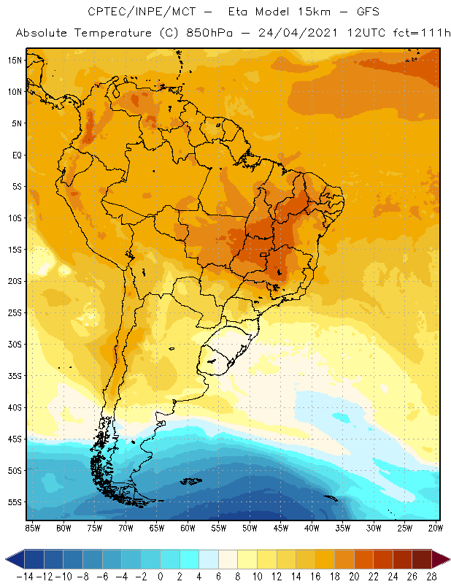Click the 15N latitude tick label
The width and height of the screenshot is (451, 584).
click(x=15, y=60)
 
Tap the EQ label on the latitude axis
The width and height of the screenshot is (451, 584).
click(x=17, y=155)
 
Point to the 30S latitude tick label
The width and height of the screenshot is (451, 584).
click(x=15, y=344)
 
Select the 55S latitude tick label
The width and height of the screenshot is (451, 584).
click(x=15, y=502)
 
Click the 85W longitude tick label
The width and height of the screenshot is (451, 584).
click(x=32, y=528)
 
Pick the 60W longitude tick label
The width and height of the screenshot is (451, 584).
click(x=188, y=528)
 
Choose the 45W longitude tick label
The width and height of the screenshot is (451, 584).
click(x=282, y=528)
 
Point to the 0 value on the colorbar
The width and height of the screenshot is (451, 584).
click(x=160, y=577)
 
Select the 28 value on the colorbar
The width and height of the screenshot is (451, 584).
click(x=431, y=577)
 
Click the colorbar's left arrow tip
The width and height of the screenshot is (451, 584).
click(x=7, y=559)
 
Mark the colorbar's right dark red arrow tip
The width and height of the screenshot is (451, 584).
click(x=447, y=559)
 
